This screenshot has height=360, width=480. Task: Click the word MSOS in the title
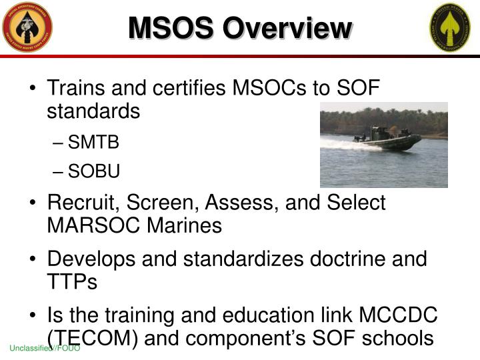(x=171, y=28)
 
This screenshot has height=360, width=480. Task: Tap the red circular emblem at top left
(x=27, y=27)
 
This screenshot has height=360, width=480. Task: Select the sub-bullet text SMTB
(x=94, y=141)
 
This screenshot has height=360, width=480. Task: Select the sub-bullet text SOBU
(x=94, y=172)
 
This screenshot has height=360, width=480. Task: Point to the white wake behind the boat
(x=343, y=143)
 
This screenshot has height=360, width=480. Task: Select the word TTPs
(x=72, y=281)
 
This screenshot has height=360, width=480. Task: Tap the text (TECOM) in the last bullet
(x=92, y=338)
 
